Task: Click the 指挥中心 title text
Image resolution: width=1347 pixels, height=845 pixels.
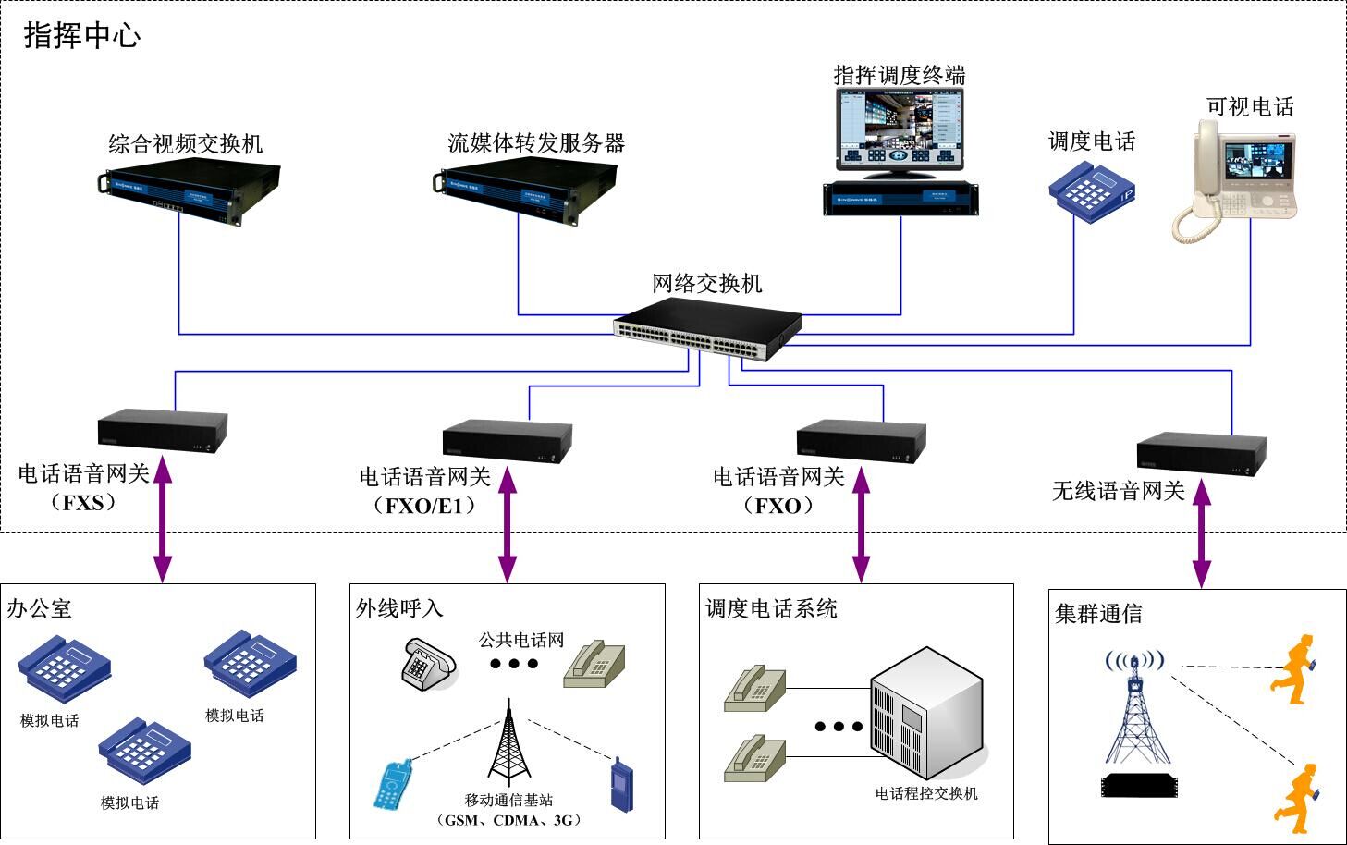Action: pyautogui.click(x=81, y=35)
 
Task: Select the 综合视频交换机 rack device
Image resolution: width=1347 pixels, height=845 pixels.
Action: pyautogui.click(x=190, y=191)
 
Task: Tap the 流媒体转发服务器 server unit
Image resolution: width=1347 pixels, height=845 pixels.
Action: pyautogui.click(x=524, y=191)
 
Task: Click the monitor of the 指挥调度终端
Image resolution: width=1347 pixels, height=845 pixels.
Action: pyautogui.click(x=900, y=131)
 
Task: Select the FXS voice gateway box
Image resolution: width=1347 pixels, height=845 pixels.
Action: pyautogui.click(x=163, y=431)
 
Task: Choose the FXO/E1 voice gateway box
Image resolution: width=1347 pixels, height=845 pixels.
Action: pyautogui.click(x=507, y=441)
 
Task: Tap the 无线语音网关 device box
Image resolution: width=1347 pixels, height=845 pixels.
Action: pyautogui.click(x=1201, y=454)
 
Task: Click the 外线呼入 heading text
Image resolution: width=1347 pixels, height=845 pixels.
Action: pyautogui.click(x=399, y=607)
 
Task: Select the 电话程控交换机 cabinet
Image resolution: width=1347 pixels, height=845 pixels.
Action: pyautogui.click(x=925, y=712)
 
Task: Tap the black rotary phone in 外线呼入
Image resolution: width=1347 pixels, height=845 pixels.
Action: pyautogui.click(x=429, y=664)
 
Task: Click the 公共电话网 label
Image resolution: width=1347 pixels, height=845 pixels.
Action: pyautogui.click(x=520, y=640)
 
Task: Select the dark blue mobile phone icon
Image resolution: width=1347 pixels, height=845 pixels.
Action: pyautogui.click(x=622, y=785)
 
